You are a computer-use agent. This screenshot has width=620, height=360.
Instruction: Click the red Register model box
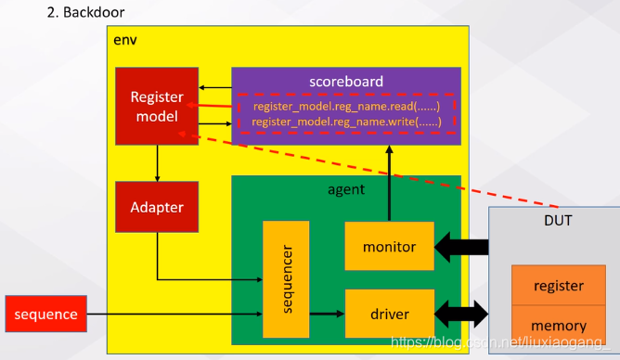(157, 106)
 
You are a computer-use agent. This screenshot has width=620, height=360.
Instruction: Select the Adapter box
(157, 207)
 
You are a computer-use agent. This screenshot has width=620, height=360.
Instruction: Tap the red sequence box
(45, 314)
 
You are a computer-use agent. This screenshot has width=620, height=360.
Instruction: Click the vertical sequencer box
(286, 279)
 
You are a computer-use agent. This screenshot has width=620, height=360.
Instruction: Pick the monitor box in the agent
(390, 246)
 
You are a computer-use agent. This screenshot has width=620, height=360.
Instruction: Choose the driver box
(390, 314)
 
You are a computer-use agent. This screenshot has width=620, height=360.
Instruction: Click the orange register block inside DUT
(559, 285)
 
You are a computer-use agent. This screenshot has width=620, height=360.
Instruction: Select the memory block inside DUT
(559, 324)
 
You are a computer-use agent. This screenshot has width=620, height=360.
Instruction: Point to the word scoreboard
(346, 82)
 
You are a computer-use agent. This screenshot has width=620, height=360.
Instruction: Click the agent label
(346, 189)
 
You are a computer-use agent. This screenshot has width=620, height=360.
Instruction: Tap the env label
(125, 40)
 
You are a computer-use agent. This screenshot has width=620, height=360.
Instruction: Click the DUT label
(558, 220)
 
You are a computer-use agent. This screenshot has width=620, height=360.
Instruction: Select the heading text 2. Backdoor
(85, 12)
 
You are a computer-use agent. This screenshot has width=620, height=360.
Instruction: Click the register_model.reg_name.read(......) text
(346, 107)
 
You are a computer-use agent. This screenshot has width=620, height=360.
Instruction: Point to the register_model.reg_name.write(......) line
(346, 122)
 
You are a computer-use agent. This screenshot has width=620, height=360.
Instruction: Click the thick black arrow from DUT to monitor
(461, 248)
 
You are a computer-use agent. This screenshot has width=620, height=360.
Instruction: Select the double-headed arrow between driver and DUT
(461, 314)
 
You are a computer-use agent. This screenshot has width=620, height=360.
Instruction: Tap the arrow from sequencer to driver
(327, 314)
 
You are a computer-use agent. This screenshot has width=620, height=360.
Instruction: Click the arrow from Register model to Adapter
(158, 163)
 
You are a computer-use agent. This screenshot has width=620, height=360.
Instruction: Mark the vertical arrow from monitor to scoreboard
(390, 183)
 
